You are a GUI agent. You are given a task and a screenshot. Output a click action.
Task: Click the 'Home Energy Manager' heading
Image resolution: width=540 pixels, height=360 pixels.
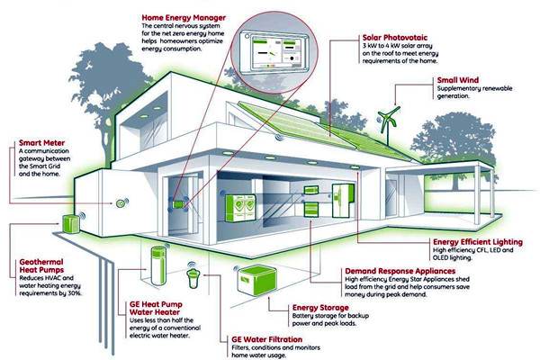[184, 18]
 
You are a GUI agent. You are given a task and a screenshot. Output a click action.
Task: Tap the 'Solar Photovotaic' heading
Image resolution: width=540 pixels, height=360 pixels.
[395, 38]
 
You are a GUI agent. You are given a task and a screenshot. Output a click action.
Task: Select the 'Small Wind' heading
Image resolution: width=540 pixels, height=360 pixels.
[458, 80]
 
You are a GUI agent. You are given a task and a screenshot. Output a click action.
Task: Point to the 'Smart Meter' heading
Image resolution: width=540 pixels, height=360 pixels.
[41, 142]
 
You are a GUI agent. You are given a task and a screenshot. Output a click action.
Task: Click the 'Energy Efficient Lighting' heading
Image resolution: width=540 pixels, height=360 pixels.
[478, 242]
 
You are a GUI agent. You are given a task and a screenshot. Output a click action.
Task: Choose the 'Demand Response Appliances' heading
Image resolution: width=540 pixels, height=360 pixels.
[400, 271]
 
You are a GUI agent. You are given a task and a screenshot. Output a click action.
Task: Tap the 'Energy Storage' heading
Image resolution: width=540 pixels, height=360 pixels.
[320, 307]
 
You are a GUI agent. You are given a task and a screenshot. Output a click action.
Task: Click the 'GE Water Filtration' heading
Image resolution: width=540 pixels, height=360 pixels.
[267, 339]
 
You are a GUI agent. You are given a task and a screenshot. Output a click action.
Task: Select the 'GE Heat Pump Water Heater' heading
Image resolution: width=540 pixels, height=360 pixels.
[156, 309]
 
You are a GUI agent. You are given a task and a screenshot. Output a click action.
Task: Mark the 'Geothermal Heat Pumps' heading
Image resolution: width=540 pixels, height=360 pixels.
[41, 266]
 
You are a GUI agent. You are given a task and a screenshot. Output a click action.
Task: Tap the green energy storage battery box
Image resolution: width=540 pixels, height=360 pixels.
[257, 280]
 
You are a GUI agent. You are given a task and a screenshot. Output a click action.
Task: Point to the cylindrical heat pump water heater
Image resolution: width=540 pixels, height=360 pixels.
[158, 265]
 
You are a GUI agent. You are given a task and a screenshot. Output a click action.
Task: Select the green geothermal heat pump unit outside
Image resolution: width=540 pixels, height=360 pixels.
[70, 224]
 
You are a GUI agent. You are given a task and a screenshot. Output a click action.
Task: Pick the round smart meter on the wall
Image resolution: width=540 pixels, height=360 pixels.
[121, 203]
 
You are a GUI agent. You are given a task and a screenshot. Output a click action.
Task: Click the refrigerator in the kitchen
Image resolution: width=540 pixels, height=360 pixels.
[342, 201]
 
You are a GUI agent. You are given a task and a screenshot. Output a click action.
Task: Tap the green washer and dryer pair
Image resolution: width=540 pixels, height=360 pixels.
[240, 208]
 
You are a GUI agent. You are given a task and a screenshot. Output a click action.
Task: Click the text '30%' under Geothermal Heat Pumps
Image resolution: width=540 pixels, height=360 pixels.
[75, 293]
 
